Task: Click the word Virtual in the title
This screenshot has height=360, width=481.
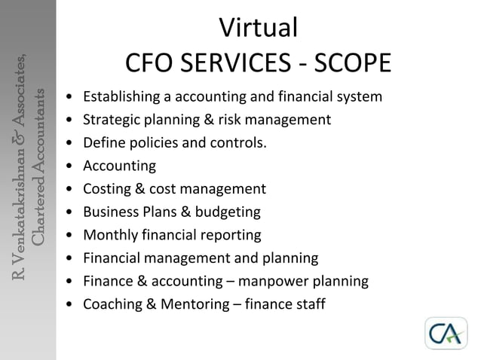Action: tap(259, 28)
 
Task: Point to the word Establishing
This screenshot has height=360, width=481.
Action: tap(118, 97)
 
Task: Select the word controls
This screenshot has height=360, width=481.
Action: tap(239, 143)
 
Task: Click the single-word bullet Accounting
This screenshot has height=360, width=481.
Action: tap(119, 166)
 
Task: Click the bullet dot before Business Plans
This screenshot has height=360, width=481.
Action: tap(70, 212)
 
